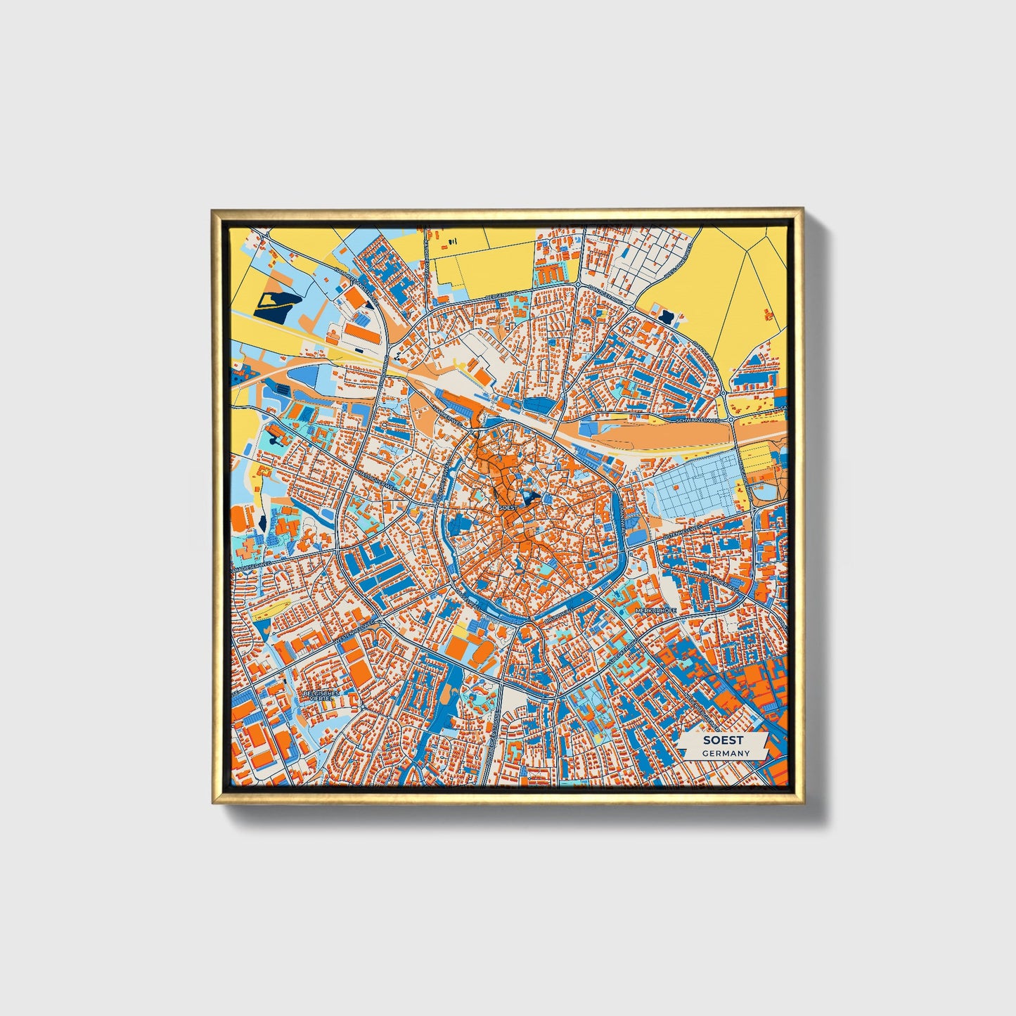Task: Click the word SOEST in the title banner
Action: [724, 740]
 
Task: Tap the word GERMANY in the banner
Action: [726, 753]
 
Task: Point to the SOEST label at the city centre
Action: [506, 506]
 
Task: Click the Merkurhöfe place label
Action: [655, 611]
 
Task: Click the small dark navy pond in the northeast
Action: [665, 314]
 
